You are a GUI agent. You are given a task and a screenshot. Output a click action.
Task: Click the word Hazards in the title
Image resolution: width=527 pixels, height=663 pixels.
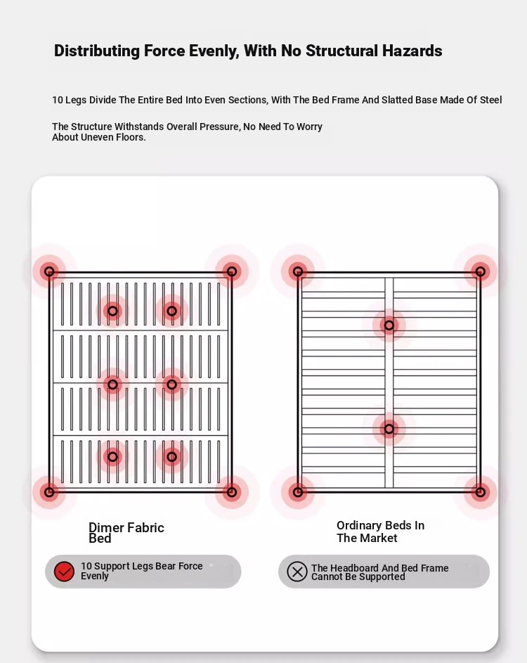click(x=412, y=51)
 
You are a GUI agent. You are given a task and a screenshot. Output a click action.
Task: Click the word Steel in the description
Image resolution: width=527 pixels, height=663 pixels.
click(x=490, y=100)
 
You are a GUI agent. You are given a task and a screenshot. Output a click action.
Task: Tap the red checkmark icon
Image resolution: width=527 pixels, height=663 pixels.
click(x=64, y=572)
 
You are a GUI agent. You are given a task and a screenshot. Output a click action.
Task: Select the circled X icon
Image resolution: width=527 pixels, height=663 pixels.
click(x=297, y=572)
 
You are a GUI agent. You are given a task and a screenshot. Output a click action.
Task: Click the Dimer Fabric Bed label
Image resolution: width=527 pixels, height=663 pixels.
click(x=126, y=533)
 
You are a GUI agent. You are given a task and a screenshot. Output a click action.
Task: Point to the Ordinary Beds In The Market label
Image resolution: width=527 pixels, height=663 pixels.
click(x=380, y=532)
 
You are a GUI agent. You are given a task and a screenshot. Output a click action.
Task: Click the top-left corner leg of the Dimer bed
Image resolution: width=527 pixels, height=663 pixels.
click(x=49, y=271)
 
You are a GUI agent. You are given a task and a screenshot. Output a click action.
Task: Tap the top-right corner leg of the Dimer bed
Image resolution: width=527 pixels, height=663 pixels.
click(x=231, y=271)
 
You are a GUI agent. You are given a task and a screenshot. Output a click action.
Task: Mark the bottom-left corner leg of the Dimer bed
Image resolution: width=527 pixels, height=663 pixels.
click(x=49, y=491)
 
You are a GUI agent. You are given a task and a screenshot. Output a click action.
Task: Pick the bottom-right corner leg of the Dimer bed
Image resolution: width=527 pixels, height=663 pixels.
click(x=231, y=491)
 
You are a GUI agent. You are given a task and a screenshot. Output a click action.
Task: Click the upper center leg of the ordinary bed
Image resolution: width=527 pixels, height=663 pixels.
click(x=389, y=326)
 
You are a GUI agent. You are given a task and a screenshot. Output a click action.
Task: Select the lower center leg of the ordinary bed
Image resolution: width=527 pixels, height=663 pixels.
click(x=389, y=429)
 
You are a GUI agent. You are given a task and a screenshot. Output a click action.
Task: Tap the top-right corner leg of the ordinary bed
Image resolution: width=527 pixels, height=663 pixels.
click(x=480, y=271)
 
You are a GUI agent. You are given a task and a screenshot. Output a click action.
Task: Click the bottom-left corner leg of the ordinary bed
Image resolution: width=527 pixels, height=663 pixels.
click(x=298, y=492)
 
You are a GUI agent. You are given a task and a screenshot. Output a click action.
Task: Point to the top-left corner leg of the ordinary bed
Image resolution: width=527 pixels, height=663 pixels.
click(x=298, y=271)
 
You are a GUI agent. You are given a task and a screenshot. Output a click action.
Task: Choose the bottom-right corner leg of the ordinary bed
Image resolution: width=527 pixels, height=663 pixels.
click(x=480, y=492)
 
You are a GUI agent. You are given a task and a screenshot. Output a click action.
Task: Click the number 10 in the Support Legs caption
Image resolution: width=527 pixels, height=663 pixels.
click(x=86, y=566)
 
